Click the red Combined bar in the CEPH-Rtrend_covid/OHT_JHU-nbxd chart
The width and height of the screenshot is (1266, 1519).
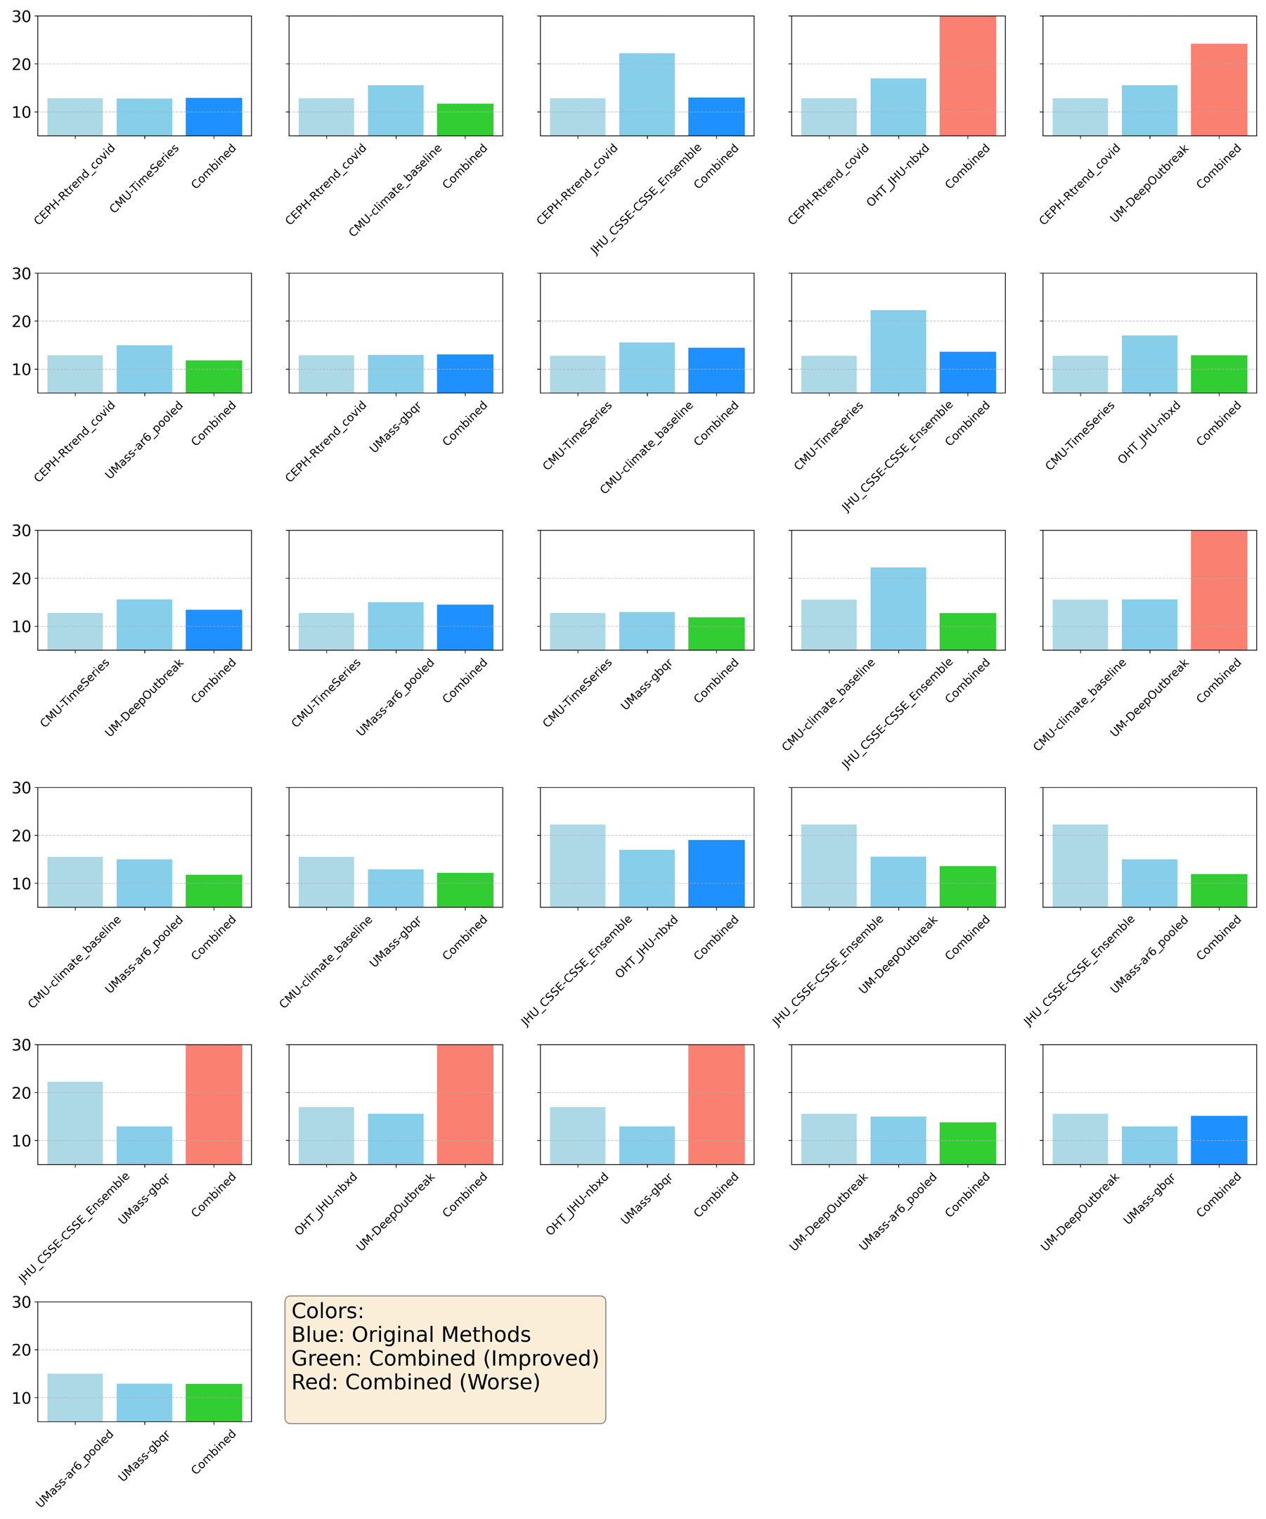967,76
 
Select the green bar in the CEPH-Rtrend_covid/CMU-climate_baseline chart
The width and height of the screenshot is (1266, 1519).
465,120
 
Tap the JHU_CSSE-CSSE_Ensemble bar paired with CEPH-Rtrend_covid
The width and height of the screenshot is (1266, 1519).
647,95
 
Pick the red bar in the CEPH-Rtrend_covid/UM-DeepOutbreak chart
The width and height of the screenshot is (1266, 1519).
1219,90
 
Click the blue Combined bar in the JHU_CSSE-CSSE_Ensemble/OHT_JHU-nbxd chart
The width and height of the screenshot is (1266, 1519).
716,874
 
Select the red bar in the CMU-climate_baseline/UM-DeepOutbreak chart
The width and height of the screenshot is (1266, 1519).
1219,590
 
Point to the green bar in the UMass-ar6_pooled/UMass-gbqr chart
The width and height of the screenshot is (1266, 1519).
214,1402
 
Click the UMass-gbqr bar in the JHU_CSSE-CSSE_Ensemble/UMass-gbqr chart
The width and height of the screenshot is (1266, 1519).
145,1145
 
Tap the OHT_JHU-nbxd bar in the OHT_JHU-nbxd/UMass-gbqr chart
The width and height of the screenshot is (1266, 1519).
577,1136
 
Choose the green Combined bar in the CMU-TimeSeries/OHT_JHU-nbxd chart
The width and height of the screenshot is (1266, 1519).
1219,374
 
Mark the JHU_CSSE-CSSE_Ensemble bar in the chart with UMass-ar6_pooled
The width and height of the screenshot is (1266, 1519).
1080,866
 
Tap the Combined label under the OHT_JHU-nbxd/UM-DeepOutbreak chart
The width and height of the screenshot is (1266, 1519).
465,1195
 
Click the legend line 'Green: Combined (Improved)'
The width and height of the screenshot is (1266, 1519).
445,1358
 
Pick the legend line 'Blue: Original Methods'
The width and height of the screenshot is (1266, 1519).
411,1335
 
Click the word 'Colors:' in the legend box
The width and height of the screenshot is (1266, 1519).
328,1311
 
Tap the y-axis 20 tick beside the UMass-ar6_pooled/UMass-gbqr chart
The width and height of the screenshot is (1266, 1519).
22,1350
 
